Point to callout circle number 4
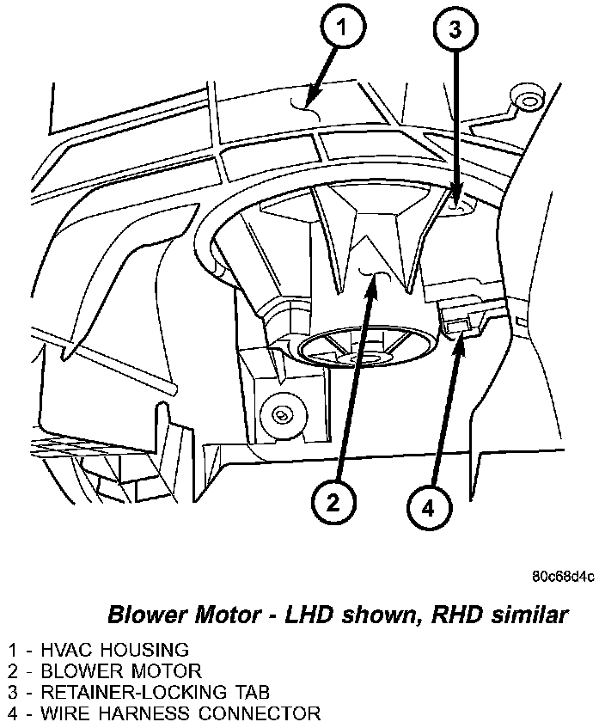click(427, 506)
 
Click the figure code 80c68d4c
click(563, 576)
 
